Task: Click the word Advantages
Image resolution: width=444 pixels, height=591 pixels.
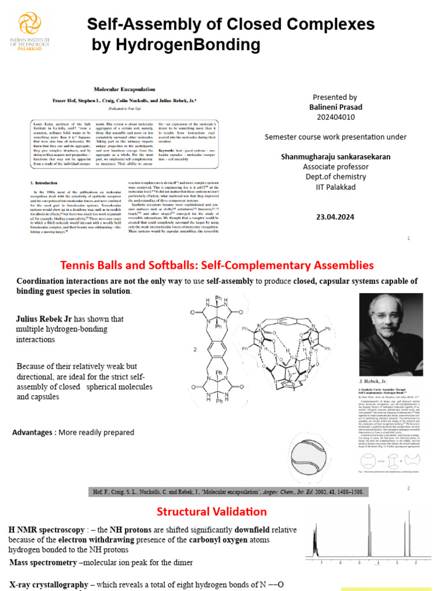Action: coord(34,432)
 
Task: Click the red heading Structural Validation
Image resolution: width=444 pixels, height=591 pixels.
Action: coord(212,511)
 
